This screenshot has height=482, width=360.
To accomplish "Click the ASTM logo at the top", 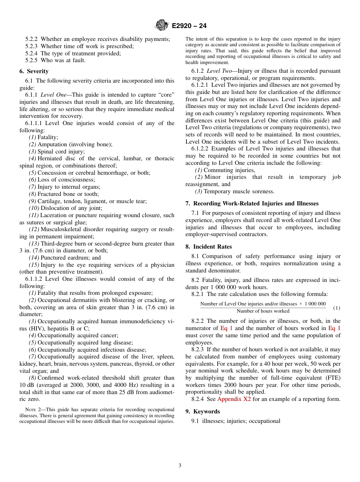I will (x=162, y=26).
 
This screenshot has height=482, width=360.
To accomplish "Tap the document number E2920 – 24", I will (x=189, y=26).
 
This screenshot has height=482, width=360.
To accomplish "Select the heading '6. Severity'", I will (x=34, y=71).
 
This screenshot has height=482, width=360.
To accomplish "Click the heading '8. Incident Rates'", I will (x=208, y=247).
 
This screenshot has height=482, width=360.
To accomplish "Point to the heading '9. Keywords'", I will (x=202, y=412).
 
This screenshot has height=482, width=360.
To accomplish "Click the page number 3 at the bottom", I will (x=180, y=466).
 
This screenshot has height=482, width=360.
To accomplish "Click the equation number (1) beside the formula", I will (x=337, y=308).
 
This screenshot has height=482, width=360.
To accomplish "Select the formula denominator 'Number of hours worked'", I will (x=263, y=311).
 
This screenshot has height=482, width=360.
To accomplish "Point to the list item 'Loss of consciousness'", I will (x=66, y=180).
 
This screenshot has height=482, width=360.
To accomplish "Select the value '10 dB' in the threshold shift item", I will (x=27, y=385).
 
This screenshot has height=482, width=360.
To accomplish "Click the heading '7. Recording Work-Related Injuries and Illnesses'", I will (x=252, y=203).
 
